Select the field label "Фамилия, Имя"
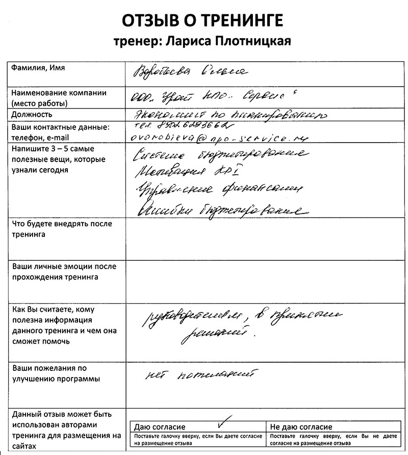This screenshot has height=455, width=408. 39,68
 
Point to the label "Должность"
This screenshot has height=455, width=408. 32,114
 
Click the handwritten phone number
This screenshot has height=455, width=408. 184,126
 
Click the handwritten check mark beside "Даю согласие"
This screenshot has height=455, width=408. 223,421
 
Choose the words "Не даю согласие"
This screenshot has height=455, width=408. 301,427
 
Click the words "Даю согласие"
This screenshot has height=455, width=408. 160,427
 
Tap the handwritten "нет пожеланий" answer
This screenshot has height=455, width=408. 199,376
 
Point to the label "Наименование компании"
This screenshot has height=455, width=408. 59,93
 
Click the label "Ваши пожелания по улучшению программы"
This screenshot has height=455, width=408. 56,373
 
